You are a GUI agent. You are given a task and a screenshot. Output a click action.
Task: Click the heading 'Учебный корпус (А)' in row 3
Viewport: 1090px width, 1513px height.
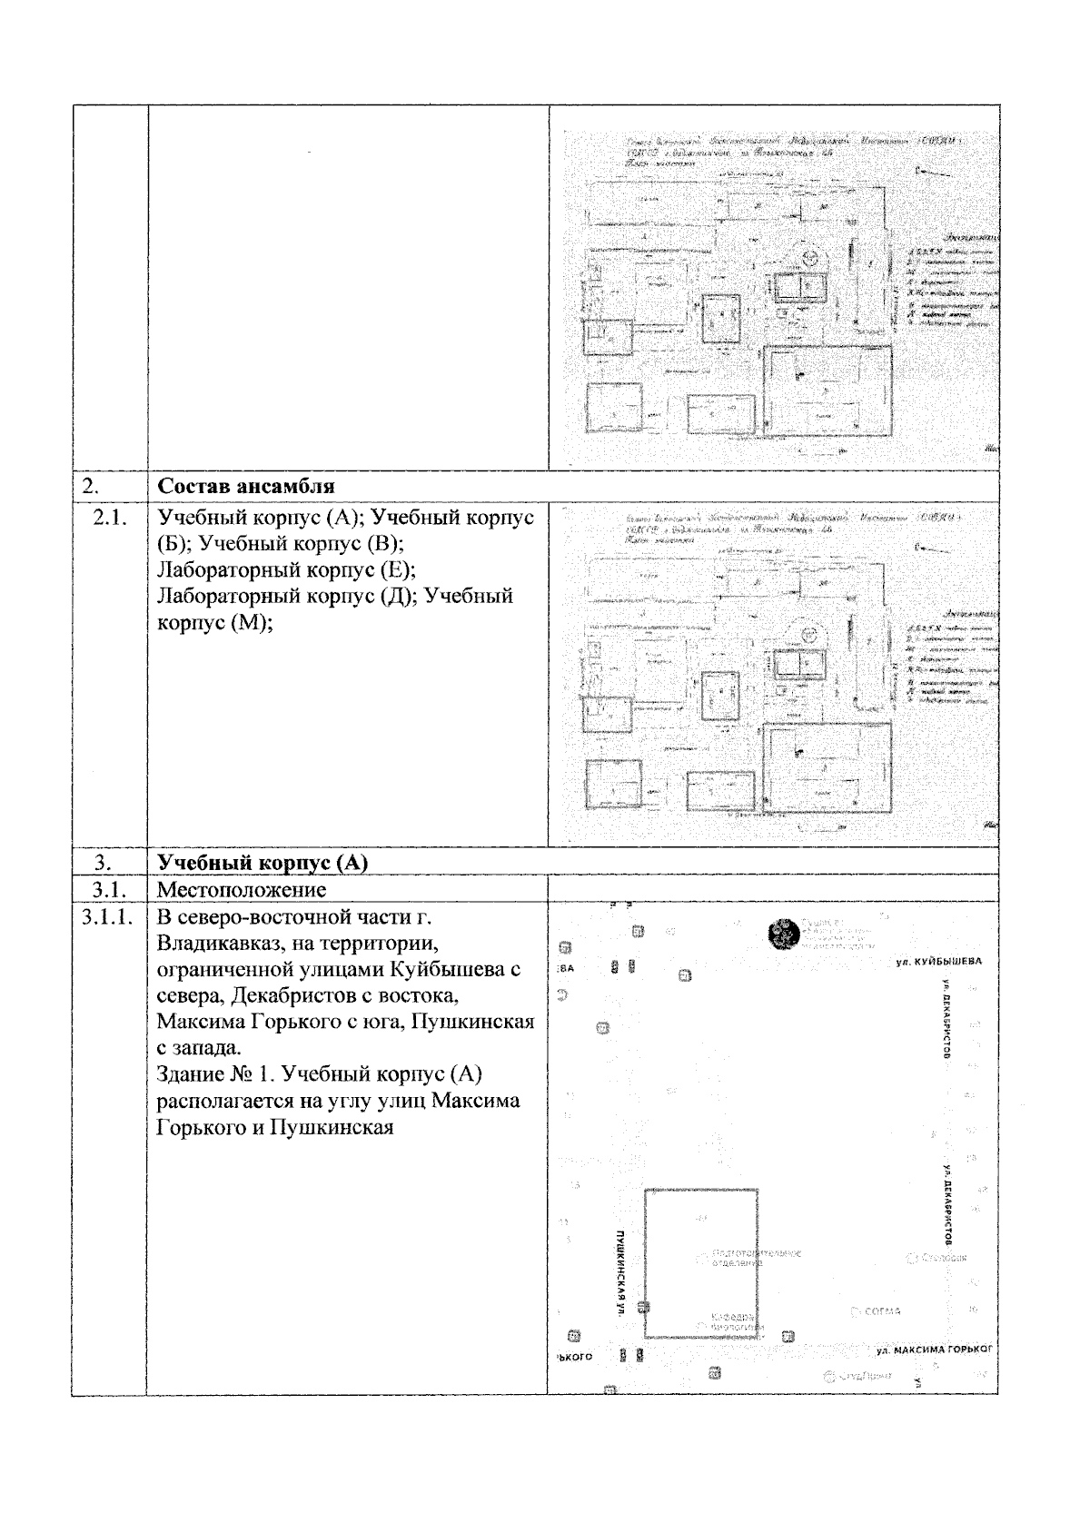(263, 862)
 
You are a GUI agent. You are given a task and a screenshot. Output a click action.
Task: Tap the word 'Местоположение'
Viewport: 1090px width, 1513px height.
(242, 888)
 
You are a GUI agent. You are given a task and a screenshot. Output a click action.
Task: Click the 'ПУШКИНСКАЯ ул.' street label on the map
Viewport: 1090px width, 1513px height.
(619, 1272)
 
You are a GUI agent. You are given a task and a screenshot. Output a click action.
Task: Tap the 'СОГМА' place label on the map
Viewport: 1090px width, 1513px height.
(881, 1311)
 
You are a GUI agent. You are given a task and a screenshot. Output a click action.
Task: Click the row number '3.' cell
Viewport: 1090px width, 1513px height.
(104, 862)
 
